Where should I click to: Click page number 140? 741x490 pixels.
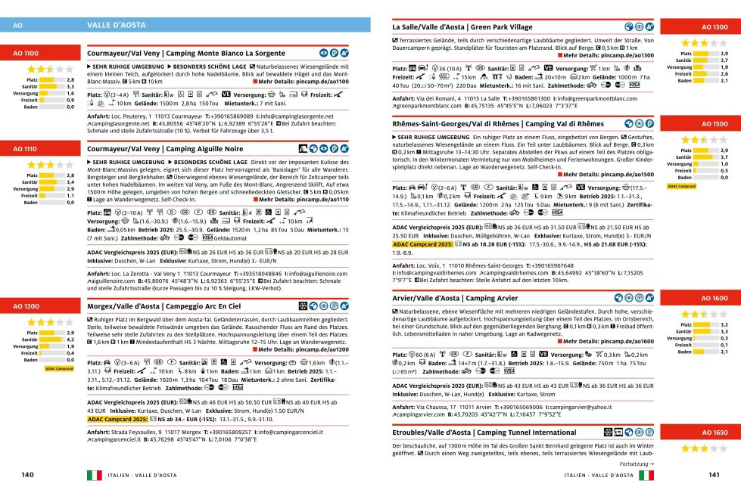28,475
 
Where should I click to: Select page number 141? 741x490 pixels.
714,475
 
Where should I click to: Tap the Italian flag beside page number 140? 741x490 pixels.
94,475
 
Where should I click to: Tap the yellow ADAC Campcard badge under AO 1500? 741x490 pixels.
681,185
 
